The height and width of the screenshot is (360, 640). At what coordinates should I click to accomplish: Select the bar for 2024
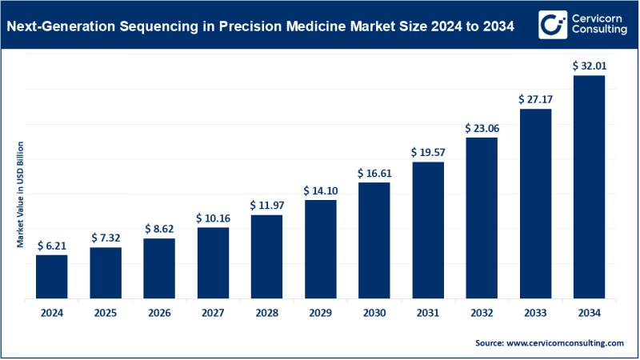click(51, 277)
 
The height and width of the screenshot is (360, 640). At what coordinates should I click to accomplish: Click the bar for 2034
click(590, 187)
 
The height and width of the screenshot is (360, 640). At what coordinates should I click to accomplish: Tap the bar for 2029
click(321, 249)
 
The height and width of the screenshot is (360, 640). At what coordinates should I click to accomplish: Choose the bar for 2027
click(213, 263)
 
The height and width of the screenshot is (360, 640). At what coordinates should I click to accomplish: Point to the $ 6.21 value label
click(51, 246)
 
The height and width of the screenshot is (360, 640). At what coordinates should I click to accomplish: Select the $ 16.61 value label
click(374, 174)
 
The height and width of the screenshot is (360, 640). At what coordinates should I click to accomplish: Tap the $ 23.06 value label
click(482, 128)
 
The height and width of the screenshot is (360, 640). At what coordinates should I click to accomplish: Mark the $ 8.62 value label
click(159, 229)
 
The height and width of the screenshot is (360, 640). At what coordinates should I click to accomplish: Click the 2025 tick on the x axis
click(105, 313)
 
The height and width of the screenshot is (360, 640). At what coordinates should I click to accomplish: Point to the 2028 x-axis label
click(266, 313)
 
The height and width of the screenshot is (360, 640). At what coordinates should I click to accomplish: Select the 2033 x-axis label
click(536, 313)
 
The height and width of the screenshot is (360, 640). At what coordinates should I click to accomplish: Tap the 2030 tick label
click(374, 313)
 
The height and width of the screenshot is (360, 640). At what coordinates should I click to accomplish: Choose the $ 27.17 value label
click(536, 100)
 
